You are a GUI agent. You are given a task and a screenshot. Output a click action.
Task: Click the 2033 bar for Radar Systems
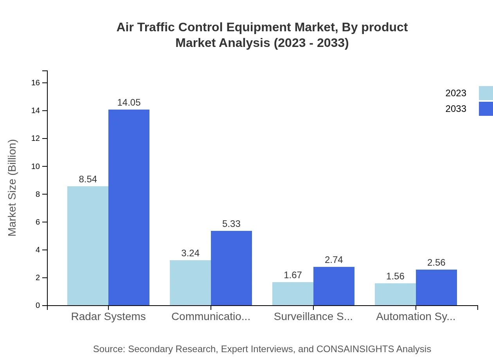[129, 207]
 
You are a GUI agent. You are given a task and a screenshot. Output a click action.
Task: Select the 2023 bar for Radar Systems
[88, 246]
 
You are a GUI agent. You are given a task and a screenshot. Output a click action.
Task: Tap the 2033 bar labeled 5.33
[231, 268]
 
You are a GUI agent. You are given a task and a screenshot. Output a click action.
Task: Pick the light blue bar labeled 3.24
[190, 283]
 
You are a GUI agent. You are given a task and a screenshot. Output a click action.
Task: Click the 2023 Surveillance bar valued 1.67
[293, 293]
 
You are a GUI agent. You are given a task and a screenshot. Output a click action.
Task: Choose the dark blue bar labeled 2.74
[334, 286]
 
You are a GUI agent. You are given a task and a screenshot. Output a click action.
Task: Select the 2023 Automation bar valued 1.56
[395, 294]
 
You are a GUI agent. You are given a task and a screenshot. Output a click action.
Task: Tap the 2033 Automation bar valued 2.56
[436, 287]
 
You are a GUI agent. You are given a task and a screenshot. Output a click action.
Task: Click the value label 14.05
[129, 103]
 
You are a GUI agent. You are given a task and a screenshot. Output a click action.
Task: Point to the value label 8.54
[88, 179]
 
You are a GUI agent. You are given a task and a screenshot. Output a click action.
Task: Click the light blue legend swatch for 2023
[486, 93]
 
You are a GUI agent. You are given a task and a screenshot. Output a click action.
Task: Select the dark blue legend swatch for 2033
[486, 109]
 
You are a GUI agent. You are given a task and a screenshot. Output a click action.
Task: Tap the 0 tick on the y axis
[38, 305]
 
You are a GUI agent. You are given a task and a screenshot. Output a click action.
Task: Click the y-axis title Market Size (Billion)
[12, 188]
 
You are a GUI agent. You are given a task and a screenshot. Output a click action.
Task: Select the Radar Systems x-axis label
[108, 317]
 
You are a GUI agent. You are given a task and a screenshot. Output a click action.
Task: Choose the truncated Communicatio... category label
[211, 317]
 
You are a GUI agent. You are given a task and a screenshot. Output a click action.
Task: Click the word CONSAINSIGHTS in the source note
[355, 349]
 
